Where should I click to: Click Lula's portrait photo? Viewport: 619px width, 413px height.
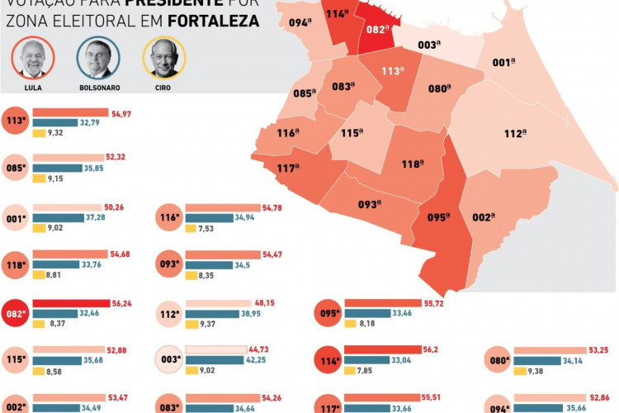tap(33, 59)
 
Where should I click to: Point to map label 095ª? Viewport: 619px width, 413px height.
tap(437, 218)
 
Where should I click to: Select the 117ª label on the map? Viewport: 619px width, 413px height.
tap(288, 169)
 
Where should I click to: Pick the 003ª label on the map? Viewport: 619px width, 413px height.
tap(428, 45)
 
